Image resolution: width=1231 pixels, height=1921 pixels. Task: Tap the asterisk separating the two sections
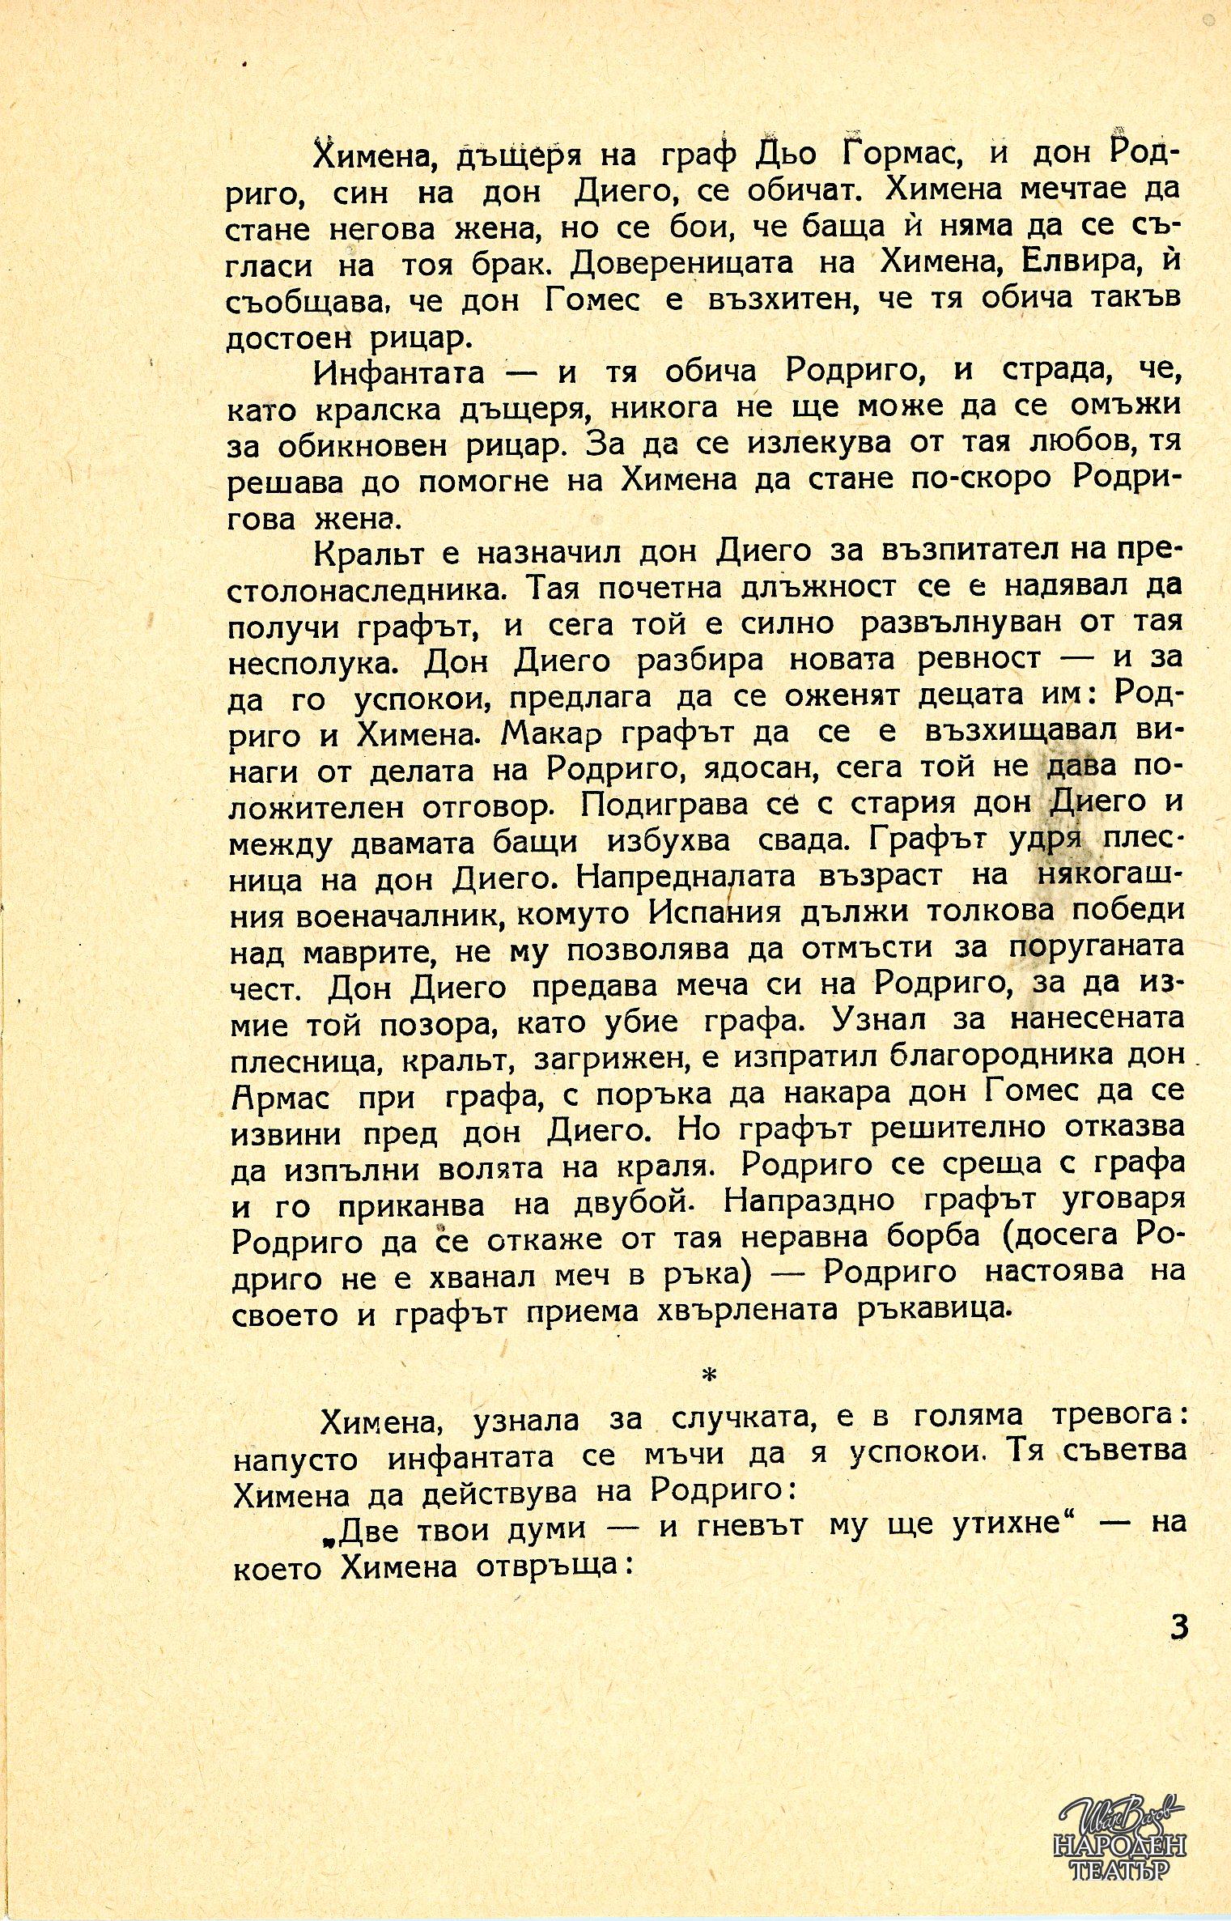coord(710,1375)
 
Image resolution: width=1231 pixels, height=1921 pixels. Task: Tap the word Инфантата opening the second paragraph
coord(400,373)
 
